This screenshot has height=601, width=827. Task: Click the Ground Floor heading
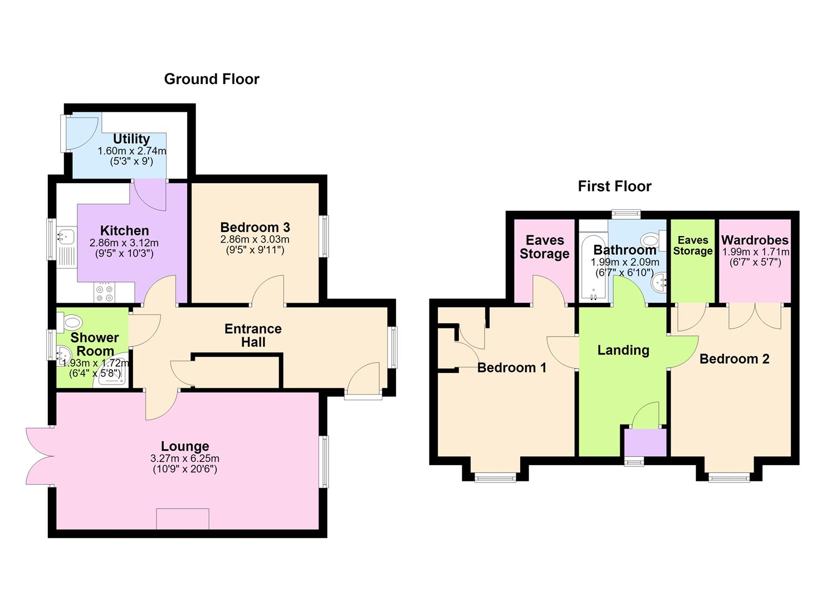(212, 80)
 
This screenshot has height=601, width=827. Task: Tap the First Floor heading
(614, 186)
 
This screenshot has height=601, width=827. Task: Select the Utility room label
(131, 139)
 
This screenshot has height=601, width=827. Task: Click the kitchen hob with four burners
(105, 293)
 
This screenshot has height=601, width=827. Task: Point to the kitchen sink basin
(66, 235)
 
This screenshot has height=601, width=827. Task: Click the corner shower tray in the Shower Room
(110, 375)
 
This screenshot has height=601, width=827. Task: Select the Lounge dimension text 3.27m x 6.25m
(184, 459)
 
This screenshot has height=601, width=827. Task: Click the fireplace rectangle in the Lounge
(183, 519)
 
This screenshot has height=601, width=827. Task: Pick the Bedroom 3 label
(255, 227)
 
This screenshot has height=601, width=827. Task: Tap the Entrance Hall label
(253, 335)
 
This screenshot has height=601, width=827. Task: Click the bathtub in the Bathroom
(593, 267)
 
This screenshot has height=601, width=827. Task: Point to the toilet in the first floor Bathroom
(653, 241)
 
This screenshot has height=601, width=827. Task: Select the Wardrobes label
(755, 240)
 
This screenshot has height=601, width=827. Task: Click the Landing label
(624, 350)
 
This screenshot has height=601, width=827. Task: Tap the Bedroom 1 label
(512, 367)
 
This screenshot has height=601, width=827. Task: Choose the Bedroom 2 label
(735, 358)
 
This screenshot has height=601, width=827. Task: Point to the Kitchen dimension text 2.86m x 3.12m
(124, 243)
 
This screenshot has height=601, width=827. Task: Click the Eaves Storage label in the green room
(693, 246)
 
